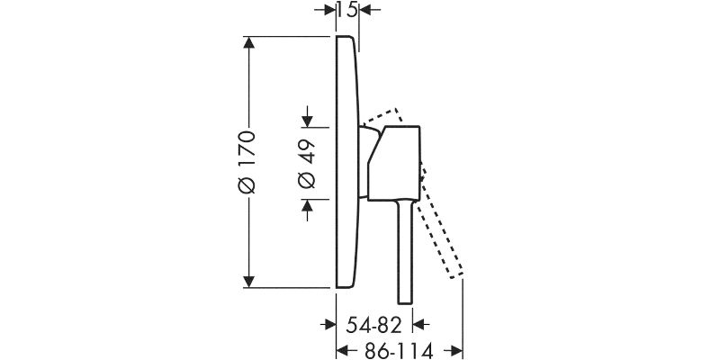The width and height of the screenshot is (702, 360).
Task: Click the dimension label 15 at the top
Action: [347, 9]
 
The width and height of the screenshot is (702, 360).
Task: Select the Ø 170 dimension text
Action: [247, 163]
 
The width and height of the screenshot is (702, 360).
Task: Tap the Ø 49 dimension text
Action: [307, 164]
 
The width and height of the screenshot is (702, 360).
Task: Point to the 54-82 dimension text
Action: [374, 326]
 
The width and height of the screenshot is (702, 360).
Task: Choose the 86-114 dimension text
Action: [399, 351]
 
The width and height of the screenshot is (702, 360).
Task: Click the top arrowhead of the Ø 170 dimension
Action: [249, 42]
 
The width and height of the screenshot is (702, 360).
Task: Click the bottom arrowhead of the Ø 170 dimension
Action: [249, 282]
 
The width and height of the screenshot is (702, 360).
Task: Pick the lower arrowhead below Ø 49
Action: [307, 205]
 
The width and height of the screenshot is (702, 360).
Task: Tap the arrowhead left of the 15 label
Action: [330, 9]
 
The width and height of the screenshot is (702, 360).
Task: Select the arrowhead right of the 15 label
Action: [364, 9]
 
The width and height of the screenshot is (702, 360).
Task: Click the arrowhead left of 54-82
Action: [330, 324]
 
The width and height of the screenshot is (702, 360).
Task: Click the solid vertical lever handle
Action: [405, 252]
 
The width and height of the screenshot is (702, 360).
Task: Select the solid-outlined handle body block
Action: [394, 163]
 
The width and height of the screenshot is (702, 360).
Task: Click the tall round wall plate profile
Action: [347, 162]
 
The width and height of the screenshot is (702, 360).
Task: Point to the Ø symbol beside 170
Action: [247, 185]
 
